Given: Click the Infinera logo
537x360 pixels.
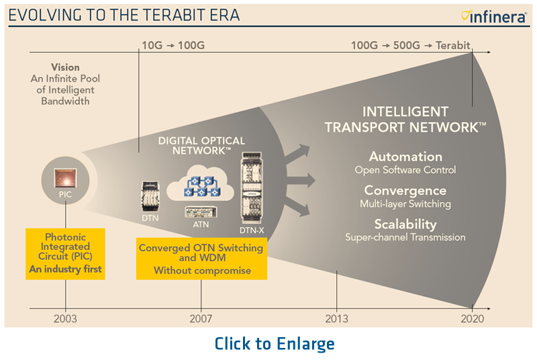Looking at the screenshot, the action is tap(494, 16).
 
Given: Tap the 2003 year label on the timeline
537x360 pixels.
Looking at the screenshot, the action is tap(65, 319).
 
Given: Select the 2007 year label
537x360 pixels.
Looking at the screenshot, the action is tap(201, 319).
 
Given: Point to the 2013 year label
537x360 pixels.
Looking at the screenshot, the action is tap(337, 319).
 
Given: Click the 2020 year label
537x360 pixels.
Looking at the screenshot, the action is tap(473, 319).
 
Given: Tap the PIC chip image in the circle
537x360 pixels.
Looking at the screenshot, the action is tap(65, 178).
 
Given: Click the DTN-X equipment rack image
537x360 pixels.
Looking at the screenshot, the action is tap(252, 187).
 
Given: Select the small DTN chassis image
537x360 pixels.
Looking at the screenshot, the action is tap(150, 196).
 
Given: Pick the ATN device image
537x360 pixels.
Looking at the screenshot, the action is tap(201, 212).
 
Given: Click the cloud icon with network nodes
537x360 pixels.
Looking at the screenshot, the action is tap(200, 184).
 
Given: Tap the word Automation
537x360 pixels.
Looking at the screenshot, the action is tap(405, 157).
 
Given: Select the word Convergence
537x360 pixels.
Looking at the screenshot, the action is tap(405, 191).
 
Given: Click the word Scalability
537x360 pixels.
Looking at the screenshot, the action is tap(405, 224).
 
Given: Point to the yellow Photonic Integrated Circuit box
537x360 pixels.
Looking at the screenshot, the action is tap(65, 254).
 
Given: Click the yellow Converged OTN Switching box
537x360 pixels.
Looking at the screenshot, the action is tap(201, 259).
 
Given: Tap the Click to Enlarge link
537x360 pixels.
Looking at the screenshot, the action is tap(275, 344).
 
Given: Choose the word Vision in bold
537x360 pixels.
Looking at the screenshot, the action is tap(65, 67).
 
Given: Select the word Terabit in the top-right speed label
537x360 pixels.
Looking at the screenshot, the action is tap(452, 45).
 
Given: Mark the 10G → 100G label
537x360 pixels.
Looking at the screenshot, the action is tap(173, 45).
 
